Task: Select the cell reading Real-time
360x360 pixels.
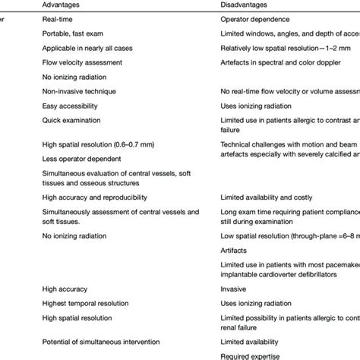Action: point(57,23)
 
